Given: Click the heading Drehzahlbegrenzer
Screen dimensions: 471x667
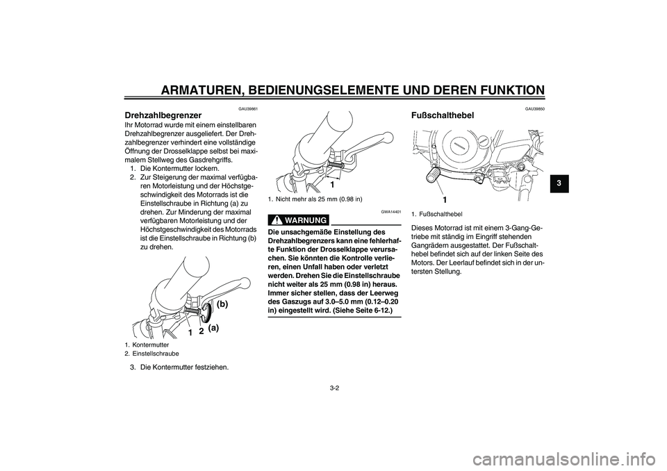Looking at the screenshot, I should pos(163,115).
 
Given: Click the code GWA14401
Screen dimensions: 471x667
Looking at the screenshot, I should pos(391,212).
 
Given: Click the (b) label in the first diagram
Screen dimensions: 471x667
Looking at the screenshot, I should pos(222,304).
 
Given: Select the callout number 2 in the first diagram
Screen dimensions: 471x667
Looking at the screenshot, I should pos(200,331).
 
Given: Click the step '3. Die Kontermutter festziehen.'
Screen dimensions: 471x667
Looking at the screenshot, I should pos(179,367).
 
